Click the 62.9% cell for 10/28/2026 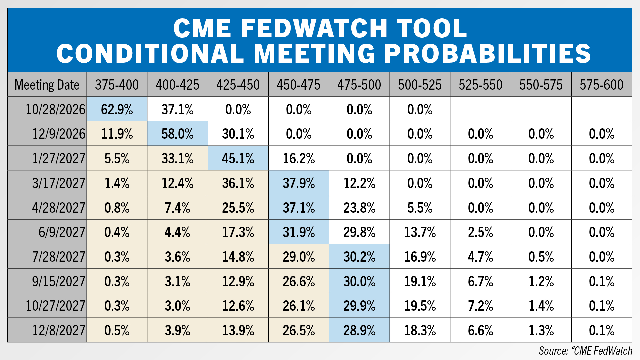(x=117, y=109)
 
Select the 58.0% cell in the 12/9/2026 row (x=178, y=134)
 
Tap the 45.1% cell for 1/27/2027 (x=238, y=158)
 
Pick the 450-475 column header (x=299, y=85)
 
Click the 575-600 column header (x=602, y=85)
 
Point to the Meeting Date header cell (x=47, y=85)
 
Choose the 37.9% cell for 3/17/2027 (x=299, y=183)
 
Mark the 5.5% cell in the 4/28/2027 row (x=420, y=207)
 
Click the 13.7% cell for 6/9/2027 (x=420, y=232)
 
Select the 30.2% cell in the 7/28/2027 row (x=359, y=257)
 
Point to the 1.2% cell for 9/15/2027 (x=541, y=281)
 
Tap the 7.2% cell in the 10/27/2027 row (x=481, y=306)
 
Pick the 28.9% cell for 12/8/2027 (x=359, y=330)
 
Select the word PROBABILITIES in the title (x=488, y=53)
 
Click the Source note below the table (x=586, y=351)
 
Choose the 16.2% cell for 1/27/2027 (x=299, y=158)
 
